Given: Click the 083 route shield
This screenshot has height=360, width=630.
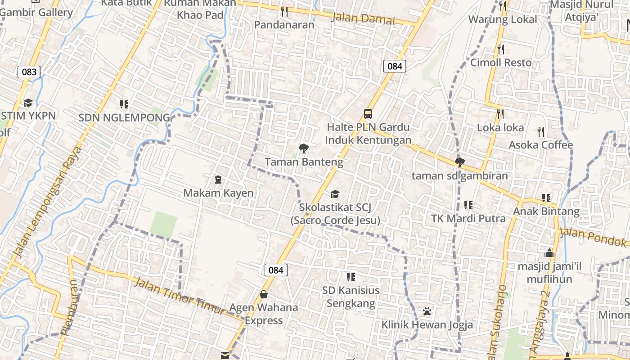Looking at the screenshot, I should [29, 72].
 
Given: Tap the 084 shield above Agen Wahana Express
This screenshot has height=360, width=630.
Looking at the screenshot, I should [275, 270].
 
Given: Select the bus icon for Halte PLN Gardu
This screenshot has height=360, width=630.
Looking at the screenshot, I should [368, 113].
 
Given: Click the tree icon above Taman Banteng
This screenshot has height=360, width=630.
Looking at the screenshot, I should [304, 148].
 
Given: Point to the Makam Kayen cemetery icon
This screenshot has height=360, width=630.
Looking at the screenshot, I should [218, 180].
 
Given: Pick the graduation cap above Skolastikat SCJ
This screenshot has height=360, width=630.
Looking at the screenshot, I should [335, 194].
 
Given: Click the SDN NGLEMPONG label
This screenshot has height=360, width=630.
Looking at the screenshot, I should [124, 118].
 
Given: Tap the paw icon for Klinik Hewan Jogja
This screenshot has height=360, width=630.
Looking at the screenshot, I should [427, 311].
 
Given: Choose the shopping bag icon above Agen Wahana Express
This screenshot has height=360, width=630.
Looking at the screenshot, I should [264, 295].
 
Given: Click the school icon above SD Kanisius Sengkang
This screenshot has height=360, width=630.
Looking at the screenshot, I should [351, 277].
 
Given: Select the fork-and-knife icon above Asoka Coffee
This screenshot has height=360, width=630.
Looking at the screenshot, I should [541, 131].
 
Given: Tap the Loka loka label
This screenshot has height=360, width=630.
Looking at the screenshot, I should [500, 128].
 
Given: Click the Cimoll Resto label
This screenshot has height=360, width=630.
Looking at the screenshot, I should [501, 63].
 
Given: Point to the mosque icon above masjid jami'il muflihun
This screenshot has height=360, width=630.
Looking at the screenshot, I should [549, 253].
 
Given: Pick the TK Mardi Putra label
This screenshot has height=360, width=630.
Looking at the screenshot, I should [468, 219].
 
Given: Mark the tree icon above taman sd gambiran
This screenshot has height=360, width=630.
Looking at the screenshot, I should [459, 162].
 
